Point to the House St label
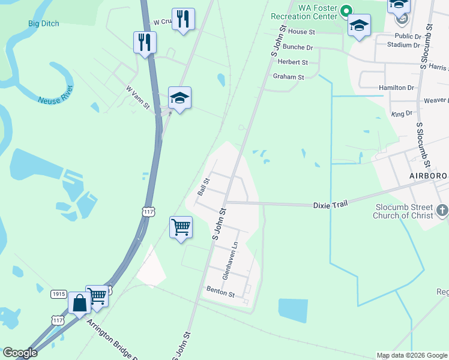pyautogui.click(x=301, y=32)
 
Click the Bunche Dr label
pyautogui.click(x=298, y=47)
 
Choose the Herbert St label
pyautogui.click(x=292, y=62)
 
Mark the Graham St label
pyautogui.click(x=289, y=77)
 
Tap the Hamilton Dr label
pyautogui.click(x=396, y=88)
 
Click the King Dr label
pyautogui.click(x=402, y=113)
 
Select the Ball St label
pyautogui.click(x=203, y=187)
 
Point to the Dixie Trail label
pyautogui.click(x=331, y=205)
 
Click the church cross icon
pyautogui.click(x=442, y=210)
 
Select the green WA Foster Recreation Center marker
pyautogui.click(x=346, y=10)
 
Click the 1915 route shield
pyautogui.click(x=58, y=293)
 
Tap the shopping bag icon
pyautogui.click(x=79, y=303)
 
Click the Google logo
pyautogui.click(x=20, y=353)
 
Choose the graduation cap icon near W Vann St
pyautogui.click(x=179, y=98)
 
